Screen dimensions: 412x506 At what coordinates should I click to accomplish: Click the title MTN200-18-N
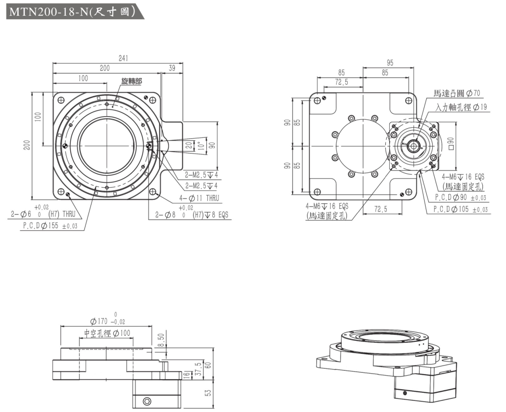[71, 11]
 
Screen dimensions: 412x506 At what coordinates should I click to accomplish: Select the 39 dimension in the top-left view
[172, 68]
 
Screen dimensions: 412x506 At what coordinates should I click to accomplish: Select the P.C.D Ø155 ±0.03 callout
[50, 226]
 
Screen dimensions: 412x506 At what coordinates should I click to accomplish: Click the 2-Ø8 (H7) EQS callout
[193, 214]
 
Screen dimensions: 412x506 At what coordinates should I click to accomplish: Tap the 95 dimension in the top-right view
[389, 63]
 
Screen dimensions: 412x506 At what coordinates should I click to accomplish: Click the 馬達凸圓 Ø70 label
[457, 93]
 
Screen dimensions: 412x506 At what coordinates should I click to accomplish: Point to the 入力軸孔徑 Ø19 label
[462, 107]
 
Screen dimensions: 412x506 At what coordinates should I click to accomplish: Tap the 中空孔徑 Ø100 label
[107, 333]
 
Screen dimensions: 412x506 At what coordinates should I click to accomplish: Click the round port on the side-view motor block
[147, 401]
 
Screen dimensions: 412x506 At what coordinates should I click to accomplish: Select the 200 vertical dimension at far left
[28, 145]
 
